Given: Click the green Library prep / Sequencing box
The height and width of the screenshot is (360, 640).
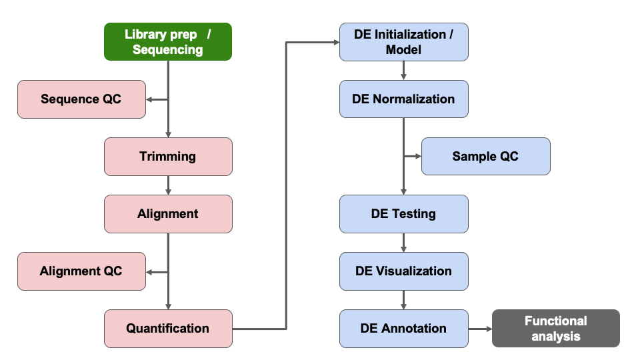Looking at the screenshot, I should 167,41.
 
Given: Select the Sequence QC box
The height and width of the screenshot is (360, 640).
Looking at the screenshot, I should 81,99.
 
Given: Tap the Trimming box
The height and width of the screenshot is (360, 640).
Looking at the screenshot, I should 168,157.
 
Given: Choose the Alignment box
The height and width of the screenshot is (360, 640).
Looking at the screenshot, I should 168,214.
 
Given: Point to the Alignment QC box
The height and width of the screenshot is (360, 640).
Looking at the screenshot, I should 81,271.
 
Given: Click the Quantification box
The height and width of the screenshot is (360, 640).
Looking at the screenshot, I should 168,329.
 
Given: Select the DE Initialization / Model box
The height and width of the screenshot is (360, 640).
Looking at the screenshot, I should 403,41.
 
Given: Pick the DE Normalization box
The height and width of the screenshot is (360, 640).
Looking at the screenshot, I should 403,99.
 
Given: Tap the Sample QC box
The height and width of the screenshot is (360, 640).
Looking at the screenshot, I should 485,157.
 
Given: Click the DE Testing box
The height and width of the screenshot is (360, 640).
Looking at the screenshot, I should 403,214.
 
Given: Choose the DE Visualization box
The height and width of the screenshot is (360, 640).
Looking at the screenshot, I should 403,271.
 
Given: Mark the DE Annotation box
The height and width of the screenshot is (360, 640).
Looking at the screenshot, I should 403,329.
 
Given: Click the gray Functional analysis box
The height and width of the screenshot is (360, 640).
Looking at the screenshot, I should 555,329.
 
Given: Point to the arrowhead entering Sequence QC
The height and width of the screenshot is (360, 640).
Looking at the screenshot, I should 149,100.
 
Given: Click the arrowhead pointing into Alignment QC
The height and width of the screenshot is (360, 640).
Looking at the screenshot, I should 149,272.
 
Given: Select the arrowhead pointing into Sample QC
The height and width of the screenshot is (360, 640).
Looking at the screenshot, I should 418,157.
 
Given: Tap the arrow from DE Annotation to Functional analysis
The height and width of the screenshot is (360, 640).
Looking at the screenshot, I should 479,329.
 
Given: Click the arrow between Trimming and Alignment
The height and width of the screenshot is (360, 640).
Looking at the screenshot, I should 168,185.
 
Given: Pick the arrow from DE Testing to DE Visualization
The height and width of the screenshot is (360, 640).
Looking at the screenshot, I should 403,243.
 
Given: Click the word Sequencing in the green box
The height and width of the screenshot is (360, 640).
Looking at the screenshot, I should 167,50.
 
